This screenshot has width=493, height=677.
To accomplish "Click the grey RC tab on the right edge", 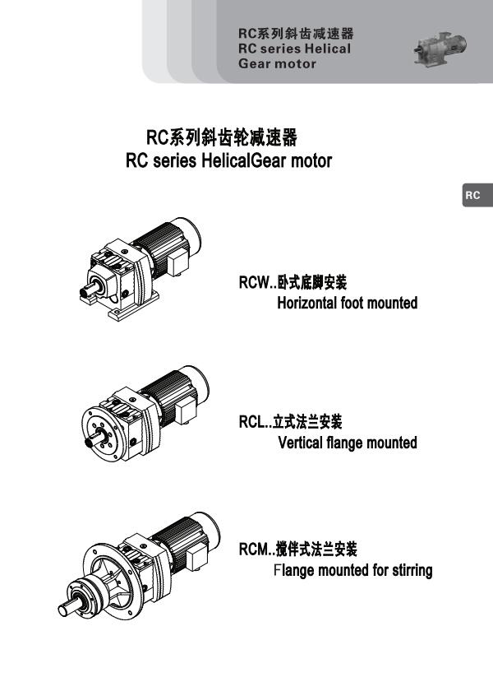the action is (x=478, y=195).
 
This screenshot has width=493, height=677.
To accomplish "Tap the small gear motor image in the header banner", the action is (x=440, y=49).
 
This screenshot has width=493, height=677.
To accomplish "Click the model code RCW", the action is (x=254, y=283).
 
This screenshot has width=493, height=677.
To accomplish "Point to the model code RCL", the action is (x=252, y=422).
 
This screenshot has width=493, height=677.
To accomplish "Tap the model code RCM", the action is (x=254, y=549).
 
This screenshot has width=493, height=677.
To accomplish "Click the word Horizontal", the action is (x=307, y=303).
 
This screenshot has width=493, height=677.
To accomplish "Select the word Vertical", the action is (x=301, y=443).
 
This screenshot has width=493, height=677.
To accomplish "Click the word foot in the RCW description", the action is (x=352, y=303).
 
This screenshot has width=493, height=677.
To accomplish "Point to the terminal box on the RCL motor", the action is (x=186, y=410).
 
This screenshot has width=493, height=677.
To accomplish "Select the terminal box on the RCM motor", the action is (x=196, y=557).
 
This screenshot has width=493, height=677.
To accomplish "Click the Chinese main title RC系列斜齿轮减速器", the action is (x=222, y=137).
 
